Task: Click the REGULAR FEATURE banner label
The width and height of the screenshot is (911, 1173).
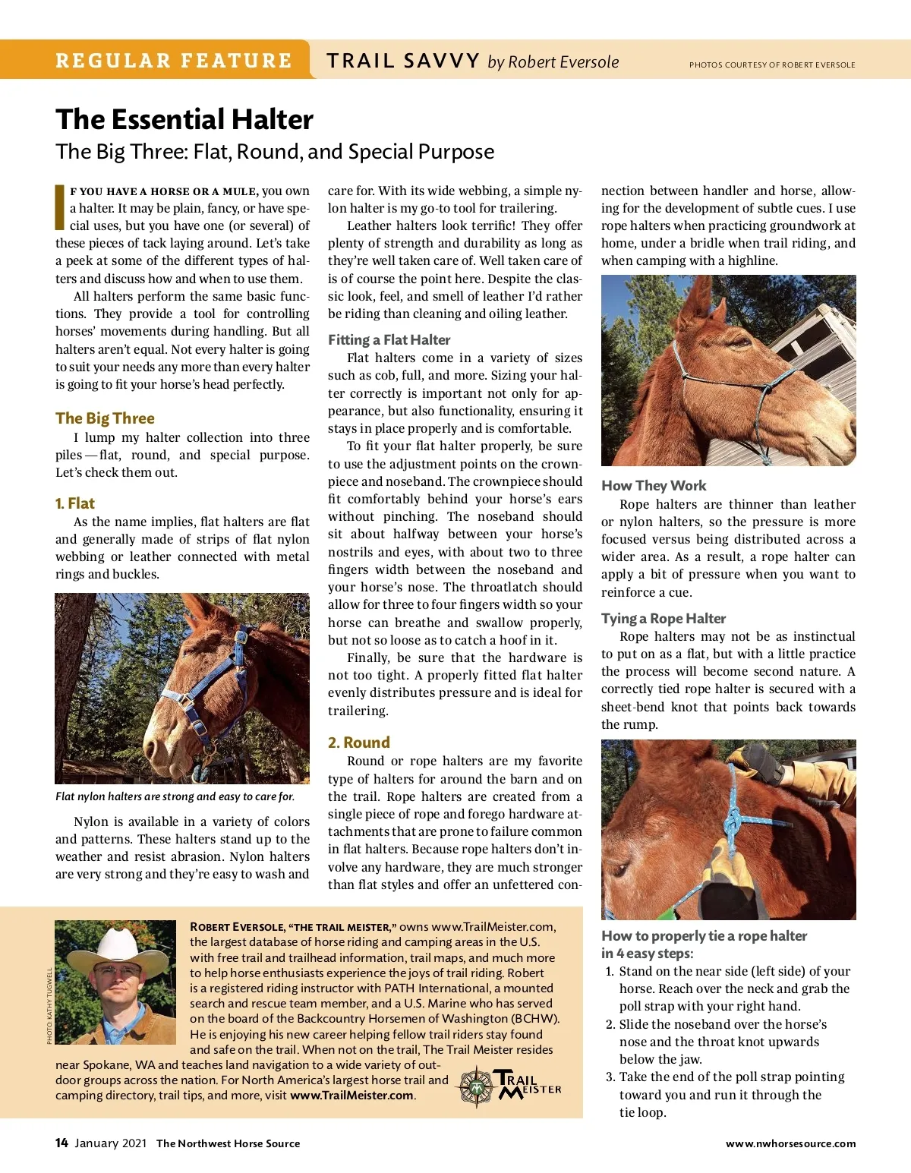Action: [173, 61]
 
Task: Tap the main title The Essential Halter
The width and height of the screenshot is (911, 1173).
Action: [184, 120]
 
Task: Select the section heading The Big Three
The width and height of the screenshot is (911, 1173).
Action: [105, 418]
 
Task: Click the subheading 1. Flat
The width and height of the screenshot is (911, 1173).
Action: [74, 503]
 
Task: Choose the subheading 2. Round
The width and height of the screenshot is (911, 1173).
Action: [358, 743]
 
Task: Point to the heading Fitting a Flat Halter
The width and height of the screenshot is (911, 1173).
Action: [389, 340]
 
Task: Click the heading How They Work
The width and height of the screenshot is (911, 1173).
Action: [654, 486]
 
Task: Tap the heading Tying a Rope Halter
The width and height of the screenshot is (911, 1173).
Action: [664, 619]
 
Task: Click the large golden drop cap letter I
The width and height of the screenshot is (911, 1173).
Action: [60, 207]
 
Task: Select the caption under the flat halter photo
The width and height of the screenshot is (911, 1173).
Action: [175, 796]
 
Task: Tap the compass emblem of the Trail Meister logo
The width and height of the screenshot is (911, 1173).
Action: [476, 1087]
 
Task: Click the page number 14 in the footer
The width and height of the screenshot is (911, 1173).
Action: [61, 1143]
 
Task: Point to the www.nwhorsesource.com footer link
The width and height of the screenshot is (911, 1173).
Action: [790, 1143]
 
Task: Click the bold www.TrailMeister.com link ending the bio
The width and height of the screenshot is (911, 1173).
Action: [352, 1096]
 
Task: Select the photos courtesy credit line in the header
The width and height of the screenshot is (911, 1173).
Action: [772, 65]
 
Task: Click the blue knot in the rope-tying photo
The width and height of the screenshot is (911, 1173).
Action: [733, 822]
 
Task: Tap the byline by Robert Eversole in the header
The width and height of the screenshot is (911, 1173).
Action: [553, 62]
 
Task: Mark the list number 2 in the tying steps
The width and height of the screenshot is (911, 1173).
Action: [610, 1025]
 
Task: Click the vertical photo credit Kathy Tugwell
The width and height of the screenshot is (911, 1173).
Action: [50, 1005]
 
